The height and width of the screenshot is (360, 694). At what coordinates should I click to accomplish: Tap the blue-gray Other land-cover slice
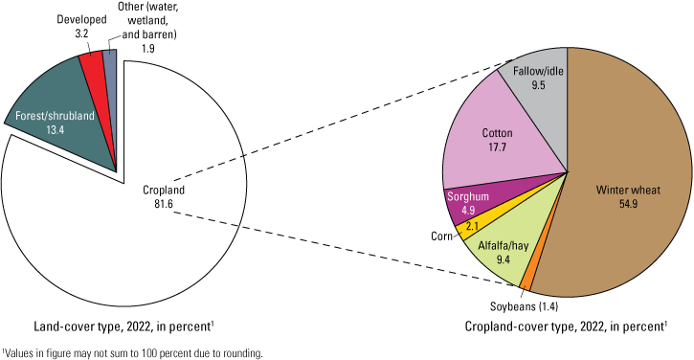point(111,67)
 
